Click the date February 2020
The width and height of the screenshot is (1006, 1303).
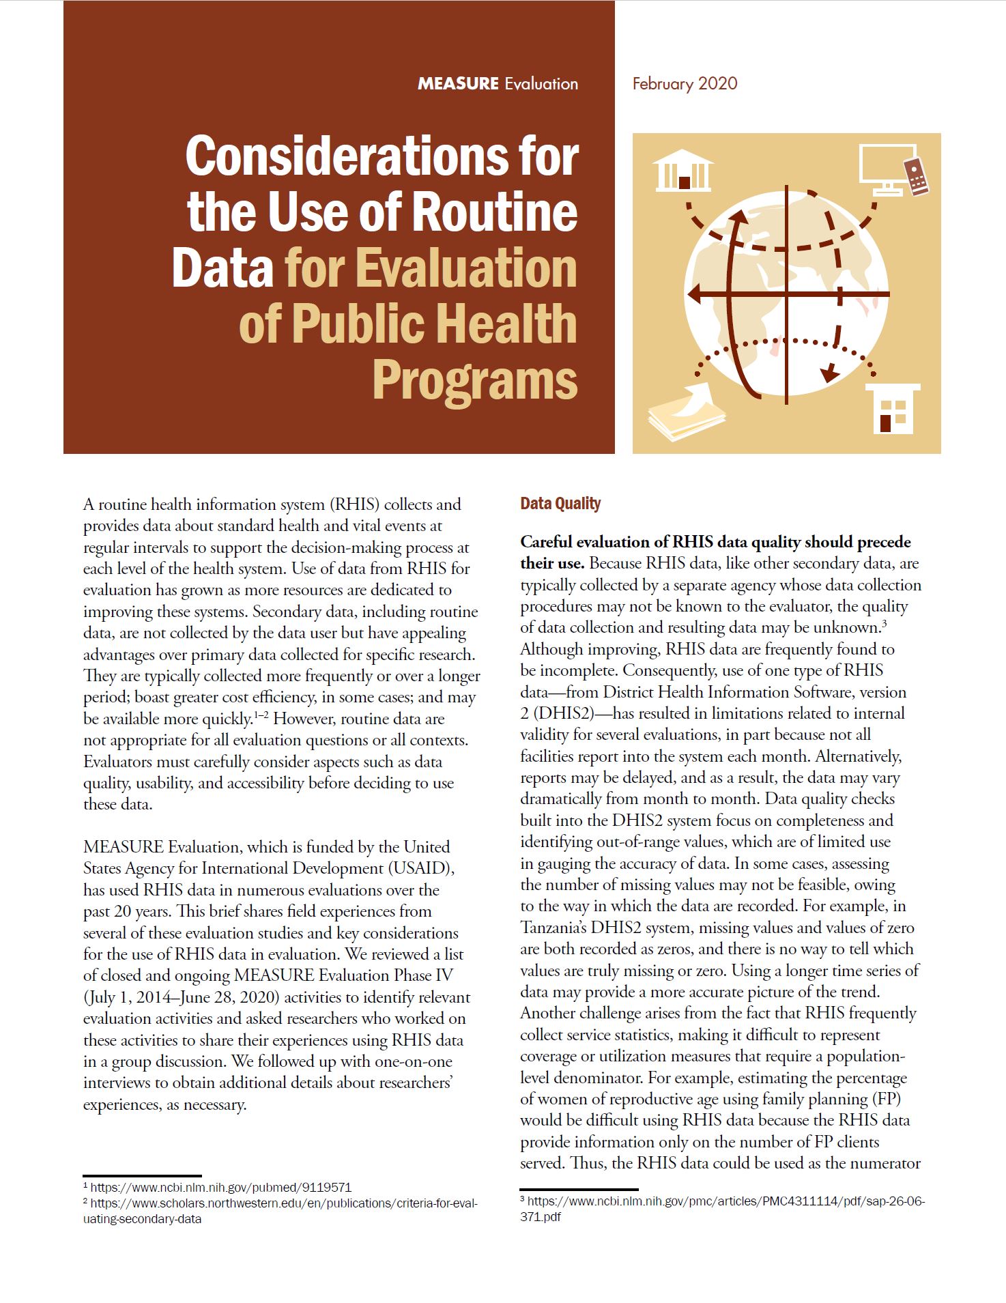(x=685, y=84)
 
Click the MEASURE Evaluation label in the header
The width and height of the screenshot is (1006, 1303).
(x=498, y=84)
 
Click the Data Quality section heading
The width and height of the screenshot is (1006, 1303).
(x=560, y=504)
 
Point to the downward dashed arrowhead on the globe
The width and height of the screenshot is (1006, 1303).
(x=829, y=373)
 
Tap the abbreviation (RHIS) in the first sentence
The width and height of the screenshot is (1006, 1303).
(x=354, y=504)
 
